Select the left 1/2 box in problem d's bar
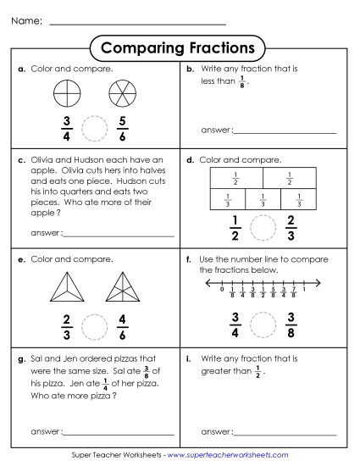(235, 178)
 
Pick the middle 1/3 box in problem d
(263, 199)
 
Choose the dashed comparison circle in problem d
(263, 228)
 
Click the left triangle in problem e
(65, 287)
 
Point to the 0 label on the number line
(221, 289)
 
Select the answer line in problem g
(118, 434)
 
